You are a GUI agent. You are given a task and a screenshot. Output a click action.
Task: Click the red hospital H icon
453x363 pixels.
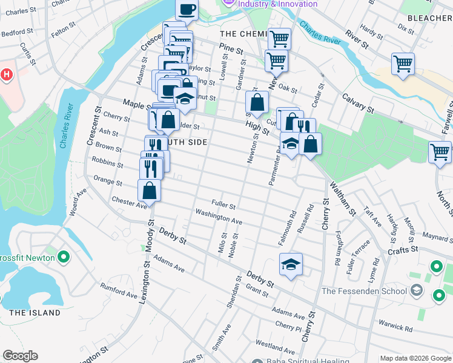click(6, 75)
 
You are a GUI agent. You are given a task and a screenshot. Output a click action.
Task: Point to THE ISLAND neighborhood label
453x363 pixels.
click(35, 313)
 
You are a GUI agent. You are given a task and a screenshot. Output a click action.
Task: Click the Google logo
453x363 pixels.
click(20, 356)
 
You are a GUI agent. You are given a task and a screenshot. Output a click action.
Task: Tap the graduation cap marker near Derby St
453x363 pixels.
click(291, 264)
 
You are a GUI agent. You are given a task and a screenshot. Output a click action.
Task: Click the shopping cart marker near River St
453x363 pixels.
click(403, 63)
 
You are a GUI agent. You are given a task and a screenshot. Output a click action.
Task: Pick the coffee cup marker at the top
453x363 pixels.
click(187, 9)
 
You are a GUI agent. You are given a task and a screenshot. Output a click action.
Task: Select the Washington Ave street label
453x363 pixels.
click(219, 216)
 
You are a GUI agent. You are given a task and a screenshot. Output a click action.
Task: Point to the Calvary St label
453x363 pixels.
click(357, 102)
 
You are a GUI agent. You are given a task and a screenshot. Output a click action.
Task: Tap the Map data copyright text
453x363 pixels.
click(415, 358)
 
